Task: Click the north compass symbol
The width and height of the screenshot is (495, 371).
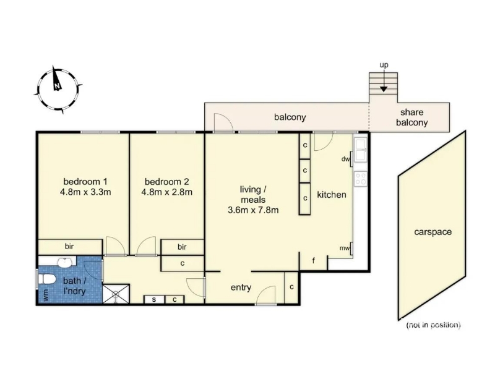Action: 58,89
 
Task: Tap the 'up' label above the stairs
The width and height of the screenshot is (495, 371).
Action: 384,65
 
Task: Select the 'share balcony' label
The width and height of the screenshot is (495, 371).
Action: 411,117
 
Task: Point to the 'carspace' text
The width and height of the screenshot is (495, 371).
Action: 433,232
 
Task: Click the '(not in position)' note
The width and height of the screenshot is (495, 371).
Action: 433,325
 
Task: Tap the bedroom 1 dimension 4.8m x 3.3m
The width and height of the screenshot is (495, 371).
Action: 85,192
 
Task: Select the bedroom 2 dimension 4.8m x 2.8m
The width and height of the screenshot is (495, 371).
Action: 166,192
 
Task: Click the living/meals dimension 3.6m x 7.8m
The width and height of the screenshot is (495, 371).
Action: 253,210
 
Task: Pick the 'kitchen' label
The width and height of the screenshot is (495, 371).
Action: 332,195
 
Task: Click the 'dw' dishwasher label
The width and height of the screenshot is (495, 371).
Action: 345,159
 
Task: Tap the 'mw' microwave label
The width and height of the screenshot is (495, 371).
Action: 345,249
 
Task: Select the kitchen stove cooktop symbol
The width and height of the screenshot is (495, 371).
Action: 361,179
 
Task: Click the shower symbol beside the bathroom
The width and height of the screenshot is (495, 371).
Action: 116,294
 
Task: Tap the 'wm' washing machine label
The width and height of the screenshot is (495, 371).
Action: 46,296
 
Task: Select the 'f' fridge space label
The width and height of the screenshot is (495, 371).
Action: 314,260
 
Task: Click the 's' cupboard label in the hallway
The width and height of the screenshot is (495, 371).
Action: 153,299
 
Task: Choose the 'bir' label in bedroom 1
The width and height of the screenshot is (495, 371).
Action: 69,246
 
